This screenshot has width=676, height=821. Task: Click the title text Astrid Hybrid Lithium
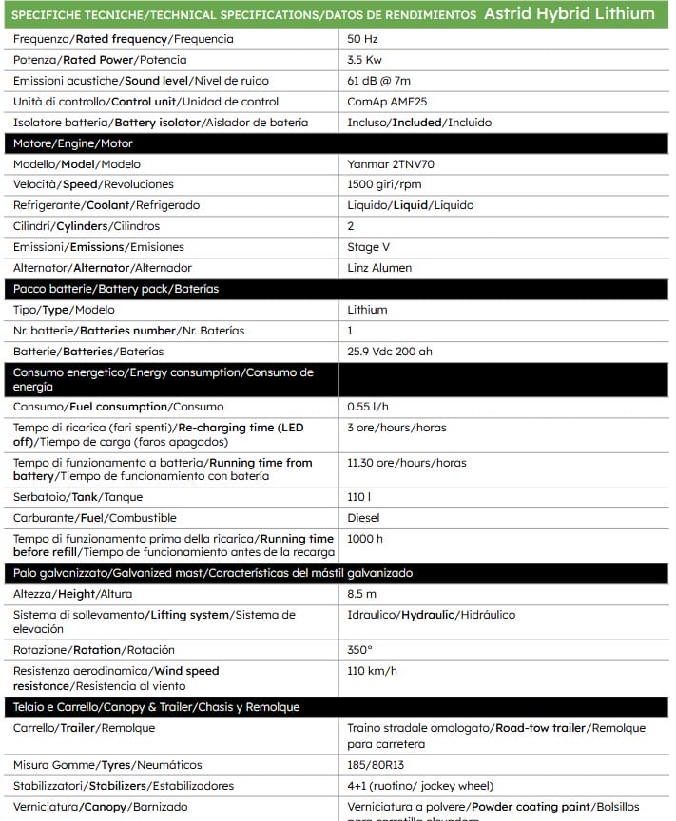coord(569,13)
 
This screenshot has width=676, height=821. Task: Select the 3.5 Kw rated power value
coord(365,60)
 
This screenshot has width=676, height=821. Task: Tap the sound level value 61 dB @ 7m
coord(379,81)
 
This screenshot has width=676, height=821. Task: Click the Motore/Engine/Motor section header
coord(73,143)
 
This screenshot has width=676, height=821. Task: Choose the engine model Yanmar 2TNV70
coord(391,164)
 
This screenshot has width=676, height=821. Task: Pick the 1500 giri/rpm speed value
coord(384,184)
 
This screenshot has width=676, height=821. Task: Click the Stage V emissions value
coord(369,247)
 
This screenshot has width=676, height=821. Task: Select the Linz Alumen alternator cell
coord(379,268)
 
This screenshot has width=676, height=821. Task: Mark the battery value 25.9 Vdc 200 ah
coord(390,352)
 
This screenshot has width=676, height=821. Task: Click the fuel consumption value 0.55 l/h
coord(368,407)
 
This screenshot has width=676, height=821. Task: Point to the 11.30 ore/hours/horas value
coord(407,463)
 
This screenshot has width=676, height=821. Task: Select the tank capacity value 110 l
coord(359,497)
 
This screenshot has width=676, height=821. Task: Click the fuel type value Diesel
coord(363,518)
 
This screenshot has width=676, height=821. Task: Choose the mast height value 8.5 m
coord(362,594)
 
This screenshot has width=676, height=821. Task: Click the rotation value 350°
coord(360,650)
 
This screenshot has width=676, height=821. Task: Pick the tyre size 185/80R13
coord(375,765)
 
